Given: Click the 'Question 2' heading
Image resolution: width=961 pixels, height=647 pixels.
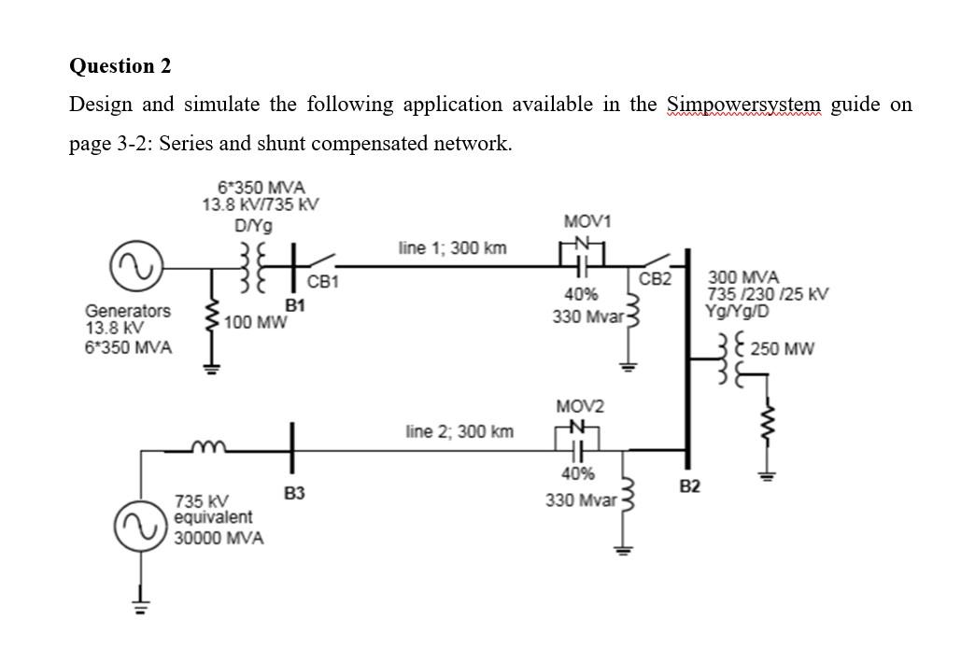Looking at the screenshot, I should pos(120,66).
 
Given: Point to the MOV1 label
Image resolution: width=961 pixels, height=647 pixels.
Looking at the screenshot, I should pos(587,221).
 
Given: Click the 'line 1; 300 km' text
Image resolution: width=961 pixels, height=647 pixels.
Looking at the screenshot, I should pos(452,248).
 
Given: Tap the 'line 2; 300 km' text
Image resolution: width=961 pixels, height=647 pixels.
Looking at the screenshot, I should pos(459,432).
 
